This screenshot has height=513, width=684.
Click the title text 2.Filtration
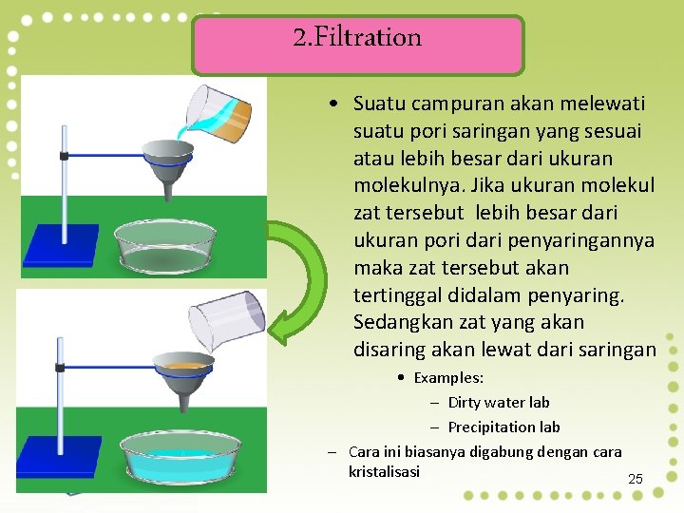(x=357, y=38)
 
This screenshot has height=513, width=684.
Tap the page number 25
(x=636, y=479)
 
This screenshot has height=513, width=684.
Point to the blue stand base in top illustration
(x=62, y=244)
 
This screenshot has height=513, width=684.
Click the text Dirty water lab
(x=498, y=402)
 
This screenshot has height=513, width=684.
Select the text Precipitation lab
(x=503, y=427)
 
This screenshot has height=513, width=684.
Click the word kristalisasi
(x=384, y=471)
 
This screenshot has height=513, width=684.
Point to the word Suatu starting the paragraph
(x=378, y=103)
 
